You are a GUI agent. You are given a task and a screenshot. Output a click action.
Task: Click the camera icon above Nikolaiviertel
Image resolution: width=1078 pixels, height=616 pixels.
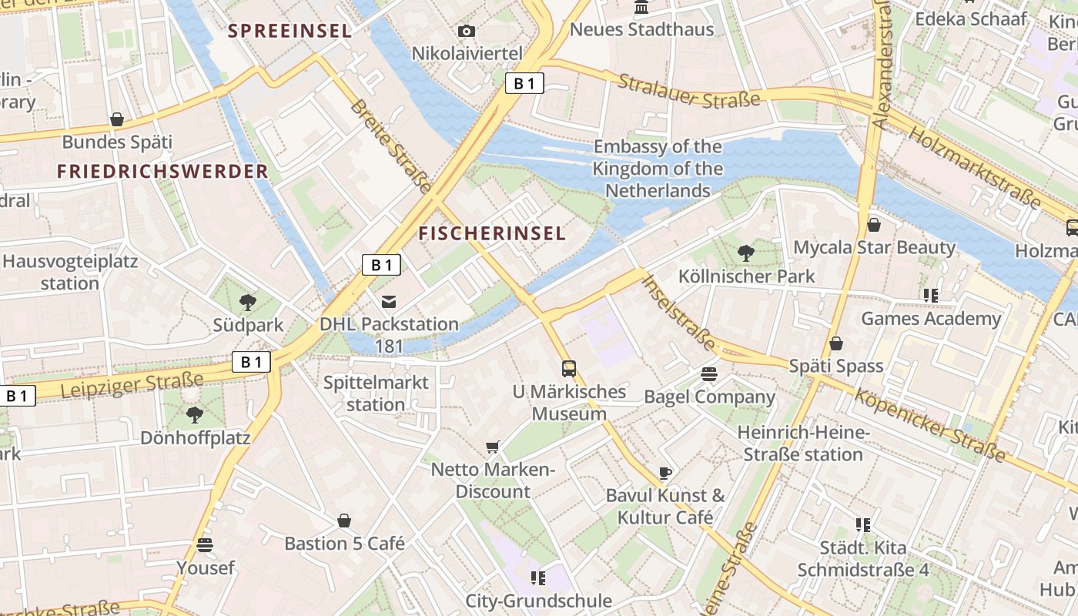[x=466, y=31]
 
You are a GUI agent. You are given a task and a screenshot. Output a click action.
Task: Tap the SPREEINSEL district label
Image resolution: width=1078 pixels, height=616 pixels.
[x=290, y=31]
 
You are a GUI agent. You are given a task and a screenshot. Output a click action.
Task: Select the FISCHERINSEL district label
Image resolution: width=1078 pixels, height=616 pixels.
[x=492, y=233]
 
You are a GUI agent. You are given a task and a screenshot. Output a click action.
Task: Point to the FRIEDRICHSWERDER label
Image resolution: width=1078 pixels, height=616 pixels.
[x=162, y=171]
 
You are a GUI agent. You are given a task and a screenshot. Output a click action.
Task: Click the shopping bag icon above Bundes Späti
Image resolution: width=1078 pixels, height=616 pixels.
[x=117, y=119]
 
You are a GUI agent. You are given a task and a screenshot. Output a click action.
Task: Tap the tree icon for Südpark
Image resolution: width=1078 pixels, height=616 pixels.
[x=247, y=302]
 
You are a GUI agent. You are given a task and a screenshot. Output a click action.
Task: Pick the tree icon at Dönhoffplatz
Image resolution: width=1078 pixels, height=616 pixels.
[x=194, y=415]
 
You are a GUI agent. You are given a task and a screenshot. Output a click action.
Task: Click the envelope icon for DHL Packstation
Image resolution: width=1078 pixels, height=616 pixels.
[x=389, y=300]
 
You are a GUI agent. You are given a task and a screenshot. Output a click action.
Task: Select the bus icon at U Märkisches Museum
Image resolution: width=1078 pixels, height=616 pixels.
[x=569, y=368]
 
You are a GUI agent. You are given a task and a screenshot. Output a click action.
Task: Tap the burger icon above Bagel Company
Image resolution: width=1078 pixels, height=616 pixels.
[x=709, y=374]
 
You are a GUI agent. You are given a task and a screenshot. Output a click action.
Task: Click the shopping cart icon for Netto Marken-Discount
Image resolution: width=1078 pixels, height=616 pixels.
[x=493, y=447]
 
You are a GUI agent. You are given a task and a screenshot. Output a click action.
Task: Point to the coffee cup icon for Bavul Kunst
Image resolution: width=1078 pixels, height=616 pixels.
[x=665, y=472]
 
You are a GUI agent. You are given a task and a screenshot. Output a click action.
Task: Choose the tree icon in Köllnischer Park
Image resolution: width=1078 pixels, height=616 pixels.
[x=745, y=252]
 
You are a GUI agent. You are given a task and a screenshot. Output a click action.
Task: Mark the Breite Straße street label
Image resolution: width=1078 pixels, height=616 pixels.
[x=391, y=145]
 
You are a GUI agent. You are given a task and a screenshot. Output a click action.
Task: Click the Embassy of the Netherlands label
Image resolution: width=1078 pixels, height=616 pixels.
[x=658, y=169]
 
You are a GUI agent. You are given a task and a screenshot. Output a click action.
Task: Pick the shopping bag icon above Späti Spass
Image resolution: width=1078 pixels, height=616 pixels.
[x=835, y=343]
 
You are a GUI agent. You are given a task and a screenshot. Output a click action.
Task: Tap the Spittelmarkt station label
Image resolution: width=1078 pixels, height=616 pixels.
[x=376, y=393]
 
